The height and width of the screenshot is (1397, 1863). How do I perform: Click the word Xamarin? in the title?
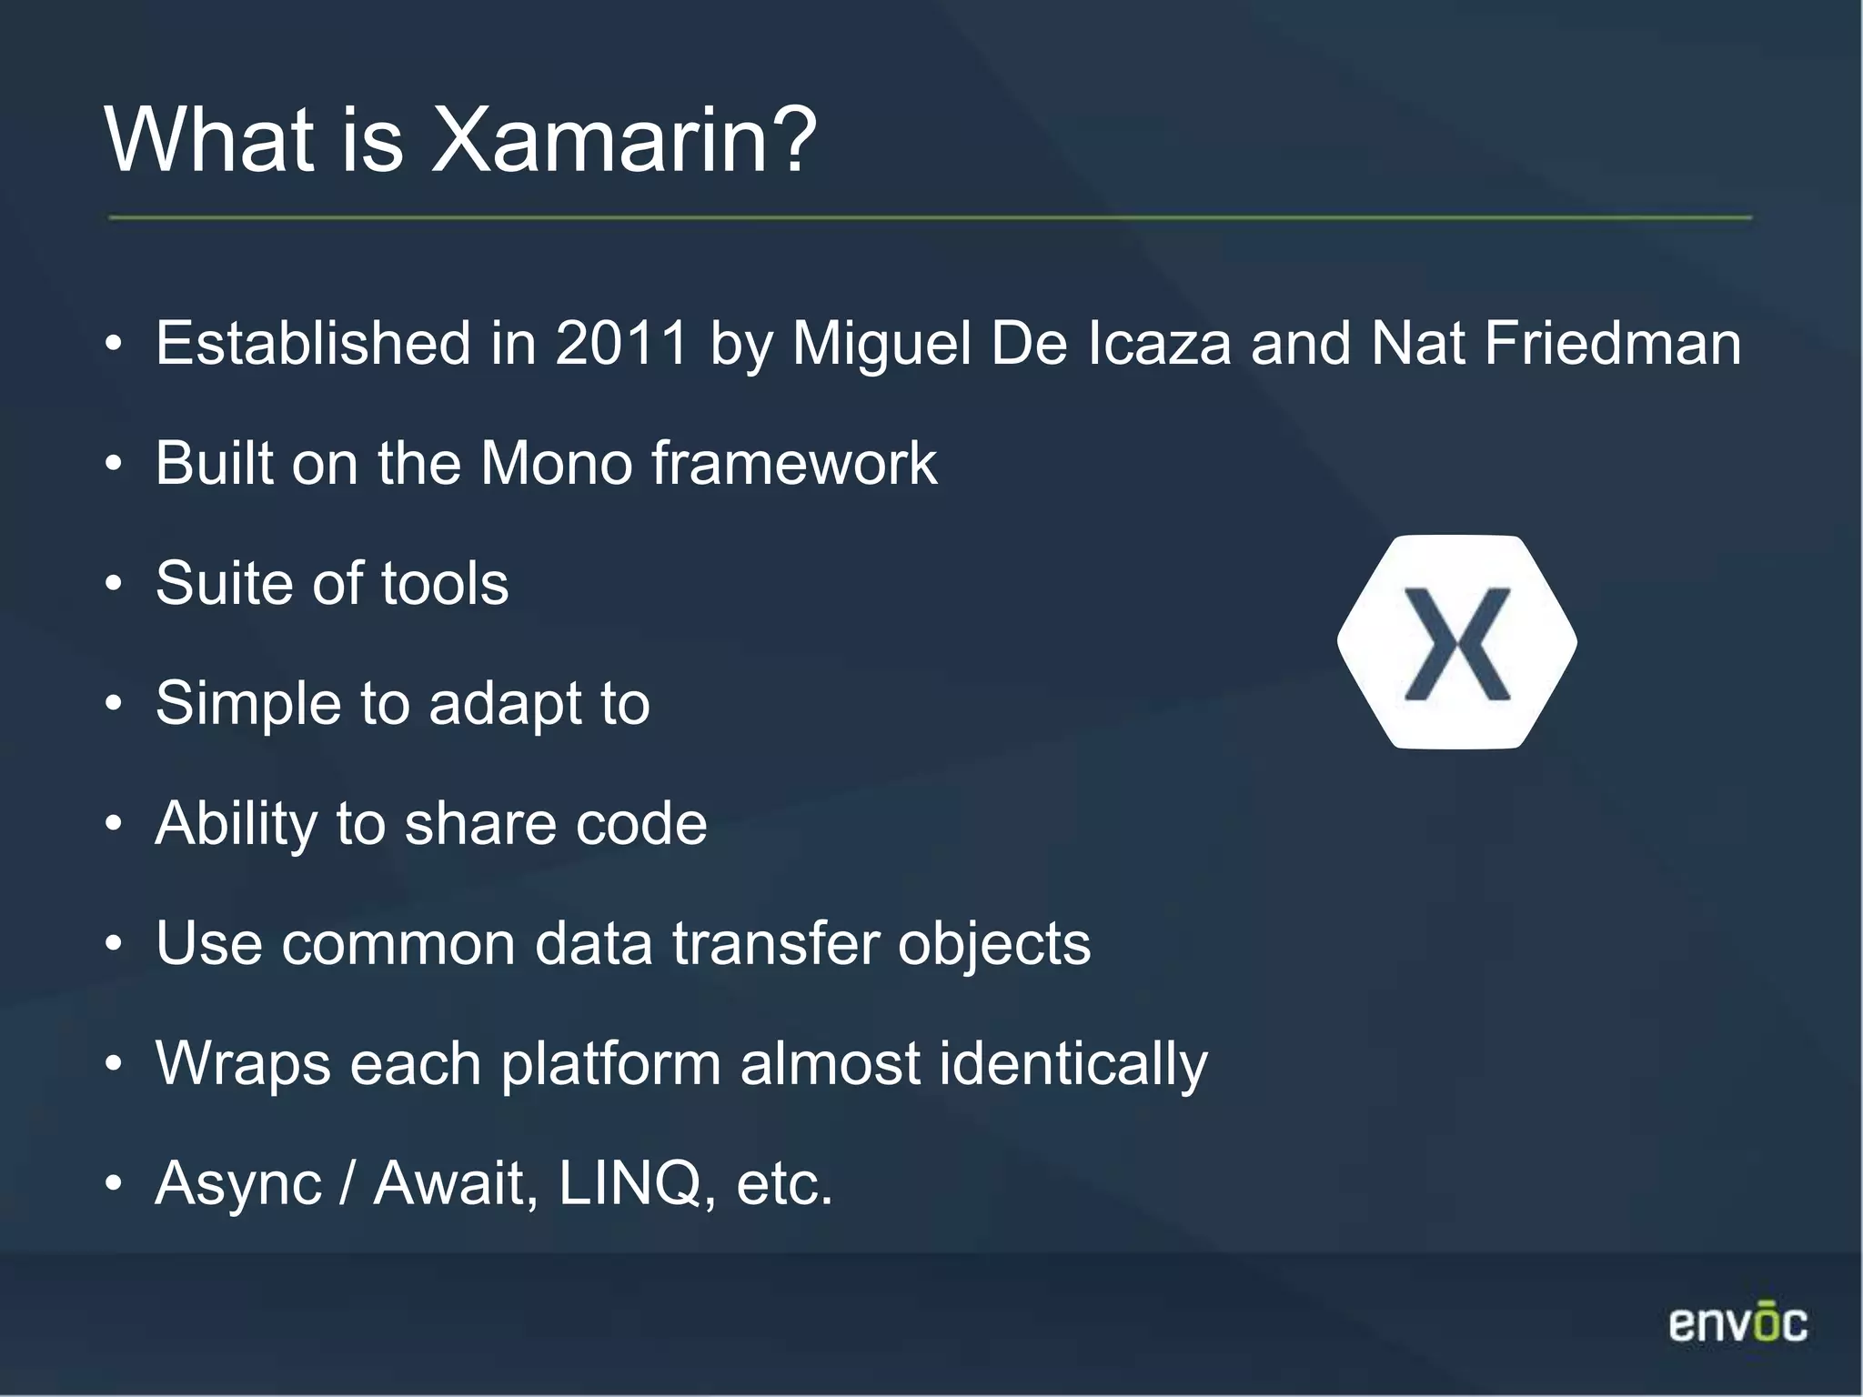[624, 140]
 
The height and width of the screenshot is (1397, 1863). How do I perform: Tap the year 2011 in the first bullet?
[622, 344]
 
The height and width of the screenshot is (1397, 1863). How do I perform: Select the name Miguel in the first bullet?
[881, 344]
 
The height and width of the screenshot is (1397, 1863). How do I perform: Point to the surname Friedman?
[1612, 344]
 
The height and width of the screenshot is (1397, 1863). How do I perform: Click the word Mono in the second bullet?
[556, 464]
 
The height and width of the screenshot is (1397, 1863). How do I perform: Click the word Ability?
[236, 824]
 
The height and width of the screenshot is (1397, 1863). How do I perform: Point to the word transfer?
[775, 944]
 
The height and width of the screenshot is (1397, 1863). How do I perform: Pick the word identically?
[1073, 1064]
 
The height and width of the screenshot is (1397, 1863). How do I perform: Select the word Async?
[238, 1183]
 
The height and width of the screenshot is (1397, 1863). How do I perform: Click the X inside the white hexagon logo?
[1457, 644]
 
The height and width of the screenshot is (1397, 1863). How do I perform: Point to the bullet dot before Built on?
[113, 465]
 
